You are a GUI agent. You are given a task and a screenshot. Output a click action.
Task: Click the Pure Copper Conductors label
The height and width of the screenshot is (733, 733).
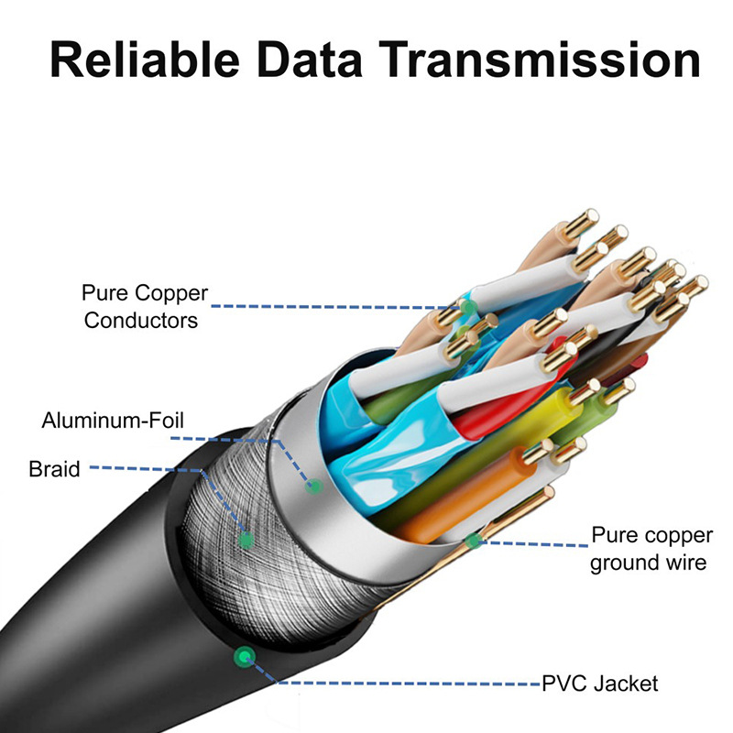click(145, 307)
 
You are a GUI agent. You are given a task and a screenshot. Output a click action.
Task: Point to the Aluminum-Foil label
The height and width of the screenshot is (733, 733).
click(113, 421)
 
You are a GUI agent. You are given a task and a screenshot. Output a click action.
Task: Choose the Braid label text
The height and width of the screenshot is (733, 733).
click(54, 469)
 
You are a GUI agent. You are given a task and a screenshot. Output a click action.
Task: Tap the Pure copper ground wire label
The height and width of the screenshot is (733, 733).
click(649, 548)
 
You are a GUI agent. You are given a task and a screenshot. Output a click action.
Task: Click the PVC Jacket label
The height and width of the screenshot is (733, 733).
click(599, 683)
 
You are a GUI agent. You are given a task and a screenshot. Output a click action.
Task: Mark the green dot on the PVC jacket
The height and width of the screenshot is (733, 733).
click(244, 656)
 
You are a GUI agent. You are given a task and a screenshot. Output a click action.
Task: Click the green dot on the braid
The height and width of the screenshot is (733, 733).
click(246, 540)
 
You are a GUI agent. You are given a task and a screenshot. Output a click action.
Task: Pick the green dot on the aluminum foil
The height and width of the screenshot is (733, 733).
click(316, 485)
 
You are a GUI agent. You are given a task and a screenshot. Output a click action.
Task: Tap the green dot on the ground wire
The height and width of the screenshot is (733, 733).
click(473, 542)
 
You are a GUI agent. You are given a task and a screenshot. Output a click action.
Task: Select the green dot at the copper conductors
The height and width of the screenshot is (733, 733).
click(467, 306)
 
